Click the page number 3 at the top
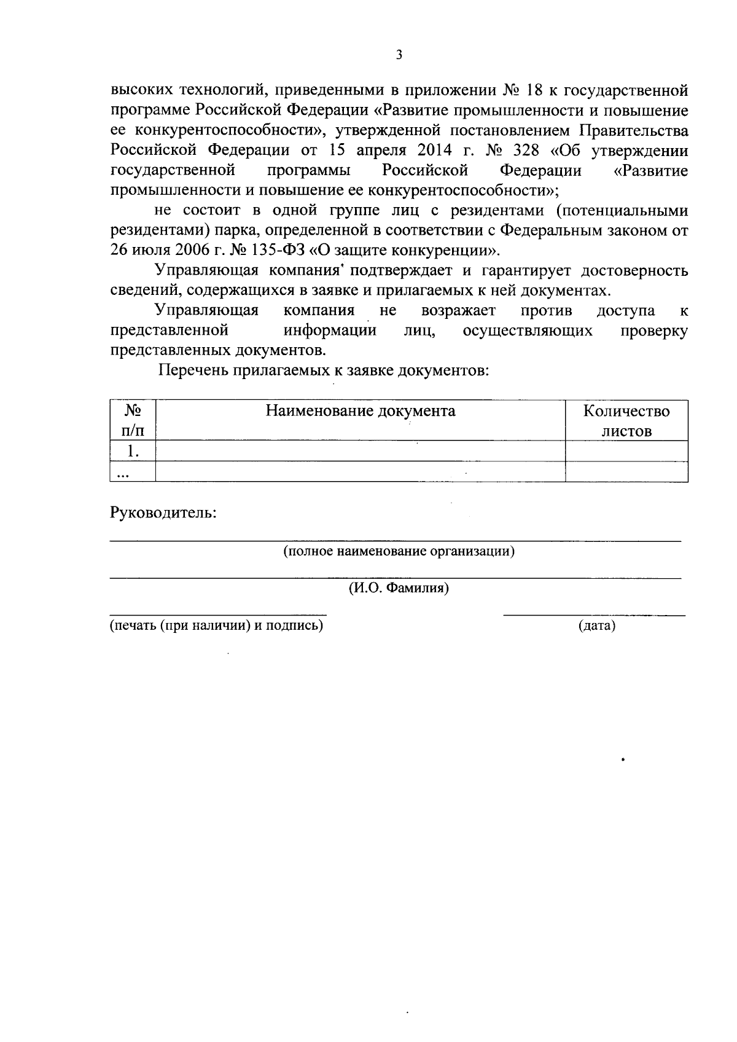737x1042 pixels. coord(399,55)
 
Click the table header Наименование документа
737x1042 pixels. coord(361,411)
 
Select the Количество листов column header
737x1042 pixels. coord(626,421)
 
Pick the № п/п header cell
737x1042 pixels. coord(133,421)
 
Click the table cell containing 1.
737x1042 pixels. coord(133,451)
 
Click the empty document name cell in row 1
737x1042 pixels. coord(361,451)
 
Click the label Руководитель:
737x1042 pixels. coord(163,512)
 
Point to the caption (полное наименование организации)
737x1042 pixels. coord(399,551)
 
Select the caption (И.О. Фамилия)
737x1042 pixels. coord(399,589)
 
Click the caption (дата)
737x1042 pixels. coord(596,626)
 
